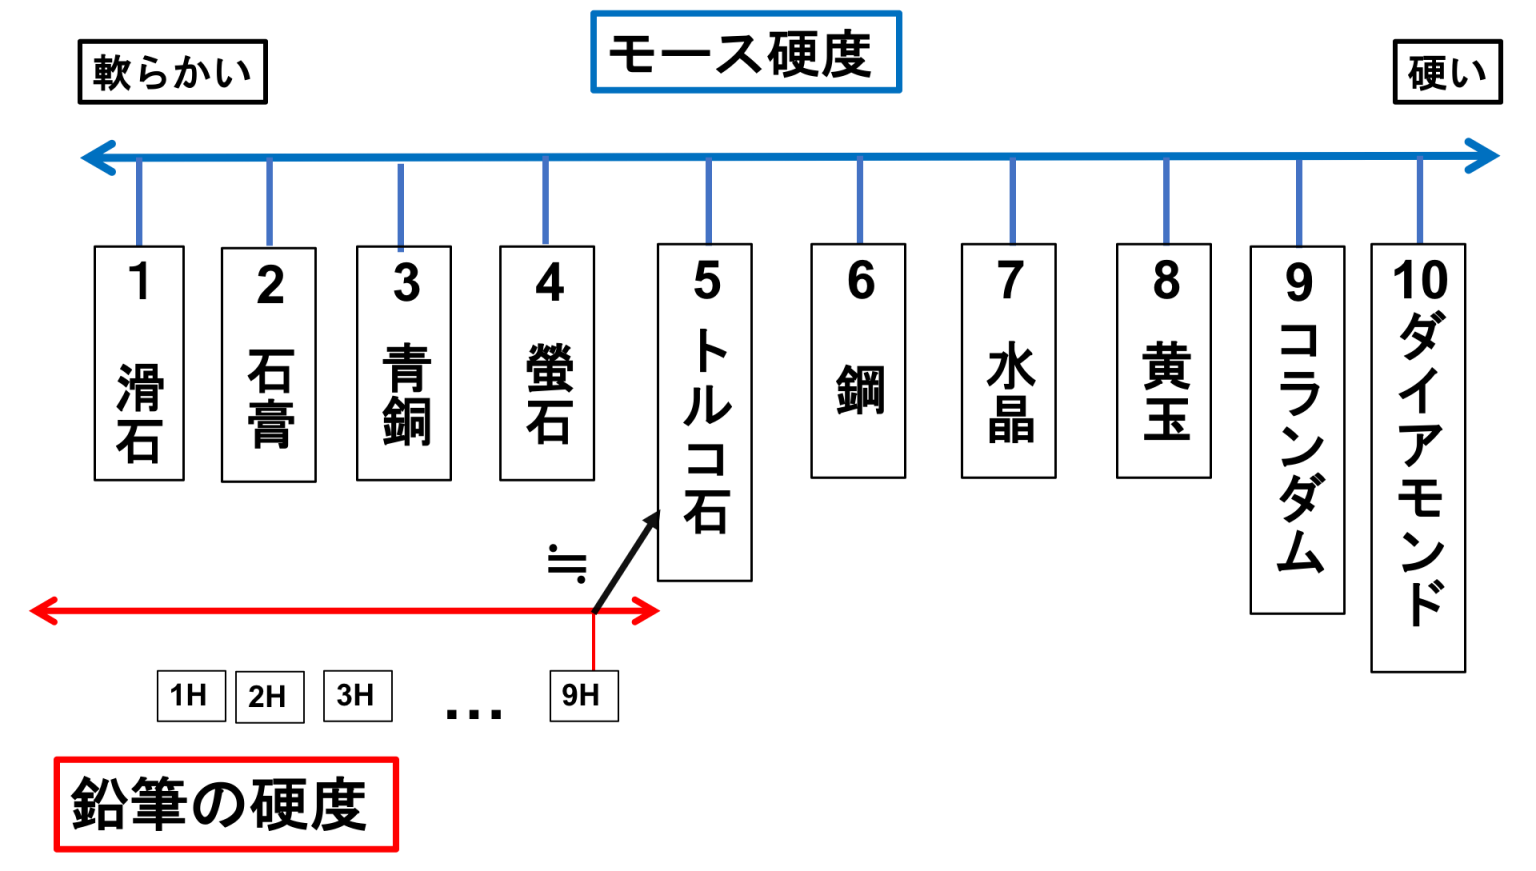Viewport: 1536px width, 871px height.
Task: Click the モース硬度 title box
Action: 746,52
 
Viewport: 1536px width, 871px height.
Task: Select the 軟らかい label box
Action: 173,72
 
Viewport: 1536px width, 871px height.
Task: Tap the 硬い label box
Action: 1448,72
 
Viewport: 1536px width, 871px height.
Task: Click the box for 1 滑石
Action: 139,363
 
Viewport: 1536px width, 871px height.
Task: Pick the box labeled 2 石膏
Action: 269,365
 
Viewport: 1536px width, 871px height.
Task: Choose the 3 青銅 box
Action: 404,363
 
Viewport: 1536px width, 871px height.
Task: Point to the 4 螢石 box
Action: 547,363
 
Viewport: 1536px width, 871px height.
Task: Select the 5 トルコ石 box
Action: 705,412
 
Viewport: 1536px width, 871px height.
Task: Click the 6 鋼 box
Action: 859,361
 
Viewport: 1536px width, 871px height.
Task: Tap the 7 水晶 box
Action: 1009,361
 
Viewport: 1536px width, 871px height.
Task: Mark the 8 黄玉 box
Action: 1164,361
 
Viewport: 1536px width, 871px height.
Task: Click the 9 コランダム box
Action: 1297,430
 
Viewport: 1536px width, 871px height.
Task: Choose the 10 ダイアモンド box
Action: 1418,457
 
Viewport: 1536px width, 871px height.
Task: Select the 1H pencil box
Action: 191,696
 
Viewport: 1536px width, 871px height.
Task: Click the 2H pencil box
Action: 270,697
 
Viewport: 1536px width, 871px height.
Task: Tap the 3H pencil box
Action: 358,696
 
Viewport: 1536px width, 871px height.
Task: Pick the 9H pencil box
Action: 584,696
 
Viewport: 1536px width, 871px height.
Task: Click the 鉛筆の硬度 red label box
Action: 226,804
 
